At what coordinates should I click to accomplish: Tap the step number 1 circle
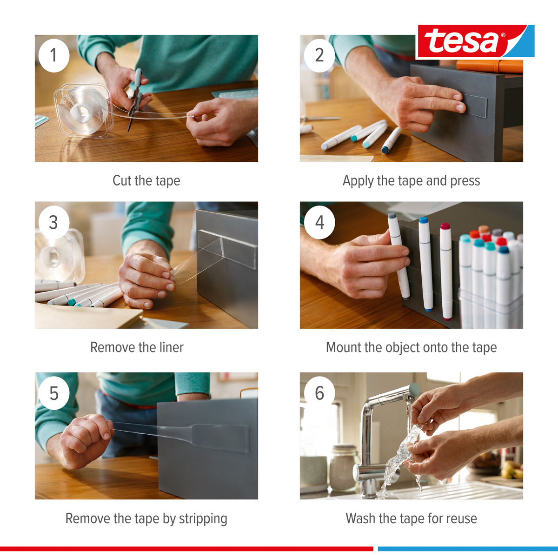54,56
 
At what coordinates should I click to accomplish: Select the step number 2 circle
319,56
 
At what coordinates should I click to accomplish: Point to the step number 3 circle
54,222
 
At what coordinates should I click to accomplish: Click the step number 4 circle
319,222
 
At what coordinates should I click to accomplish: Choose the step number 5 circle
54,393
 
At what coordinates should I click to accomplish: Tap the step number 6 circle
319,393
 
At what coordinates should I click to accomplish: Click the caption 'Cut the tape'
146,181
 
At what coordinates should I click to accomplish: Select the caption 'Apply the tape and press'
411,181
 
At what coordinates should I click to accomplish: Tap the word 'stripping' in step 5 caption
203,519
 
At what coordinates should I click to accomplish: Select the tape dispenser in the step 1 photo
83,110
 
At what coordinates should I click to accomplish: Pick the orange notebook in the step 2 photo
490,66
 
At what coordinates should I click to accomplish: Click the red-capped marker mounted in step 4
446,271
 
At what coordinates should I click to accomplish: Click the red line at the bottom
187,548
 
